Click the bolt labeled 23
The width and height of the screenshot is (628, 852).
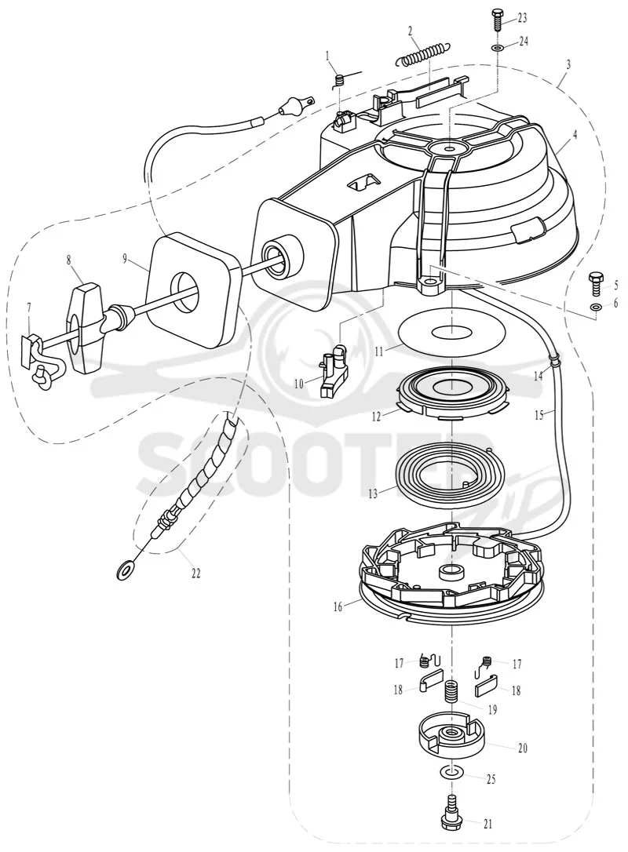click(x=497, y=20)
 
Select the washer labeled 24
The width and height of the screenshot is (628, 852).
click(x=497, y=49)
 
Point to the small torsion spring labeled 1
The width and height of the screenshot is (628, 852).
click(x=341, y=80)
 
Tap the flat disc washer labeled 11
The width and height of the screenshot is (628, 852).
click(x=453, y=331)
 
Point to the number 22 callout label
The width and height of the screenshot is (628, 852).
click(x=195, y=573)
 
